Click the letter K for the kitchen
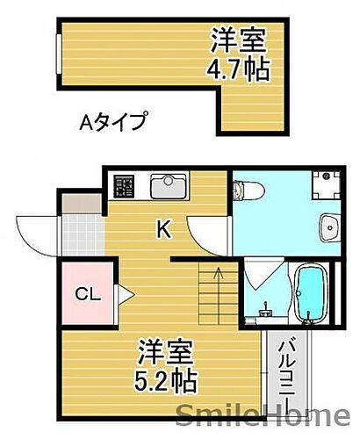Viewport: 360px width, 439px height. point(162,231)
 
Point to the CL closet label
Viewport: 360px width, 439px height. point(87,293)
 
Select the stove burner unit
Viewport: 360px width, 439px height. point(124,187)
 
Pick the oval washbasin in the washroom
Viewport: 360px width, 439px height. point(329,227)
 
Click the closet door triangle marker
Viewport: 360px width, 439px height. point(125,293)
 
